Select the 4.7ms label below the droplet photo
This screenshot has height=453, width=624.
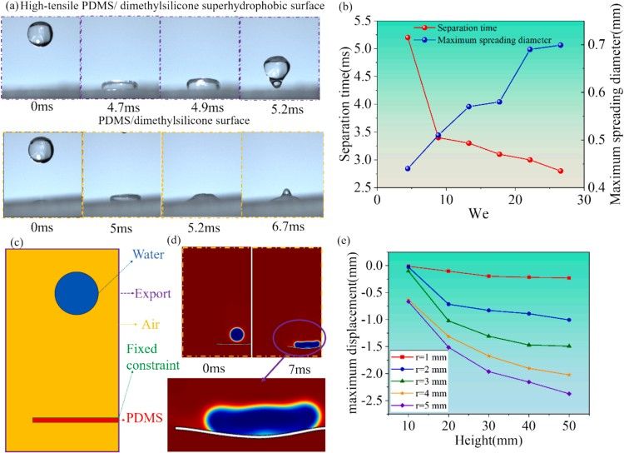click(x=120, y=108)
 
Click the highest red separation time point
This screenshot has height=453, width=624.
click(x=384, y=37)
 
